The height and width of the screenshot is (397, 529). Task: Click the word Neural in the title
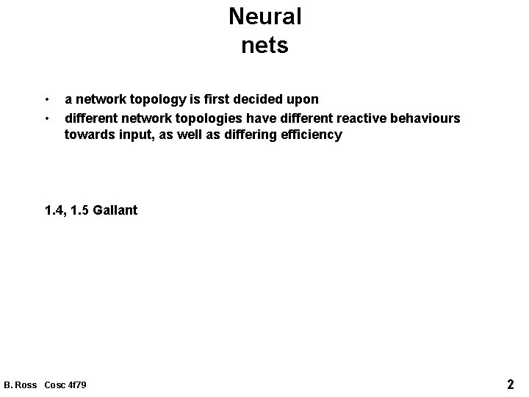[x=264, y=16]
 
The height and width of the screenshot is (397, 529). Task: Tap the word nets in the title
[x=264, y=46]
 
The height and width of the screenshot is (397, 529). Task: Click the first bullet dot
[x=46, y=99]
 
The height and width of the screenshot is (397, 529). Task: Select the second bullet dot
[x=46, y=118]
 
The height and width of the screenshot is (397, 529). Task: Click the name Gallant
[x=115, y=211]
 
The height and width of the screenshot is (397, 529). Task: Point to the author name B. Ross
[x=21, y=385]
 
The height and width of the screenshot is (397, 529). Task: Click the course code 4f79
[x=76, y=385]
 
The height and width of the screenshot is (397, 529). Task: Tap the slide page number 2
[x=510, y=384]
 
